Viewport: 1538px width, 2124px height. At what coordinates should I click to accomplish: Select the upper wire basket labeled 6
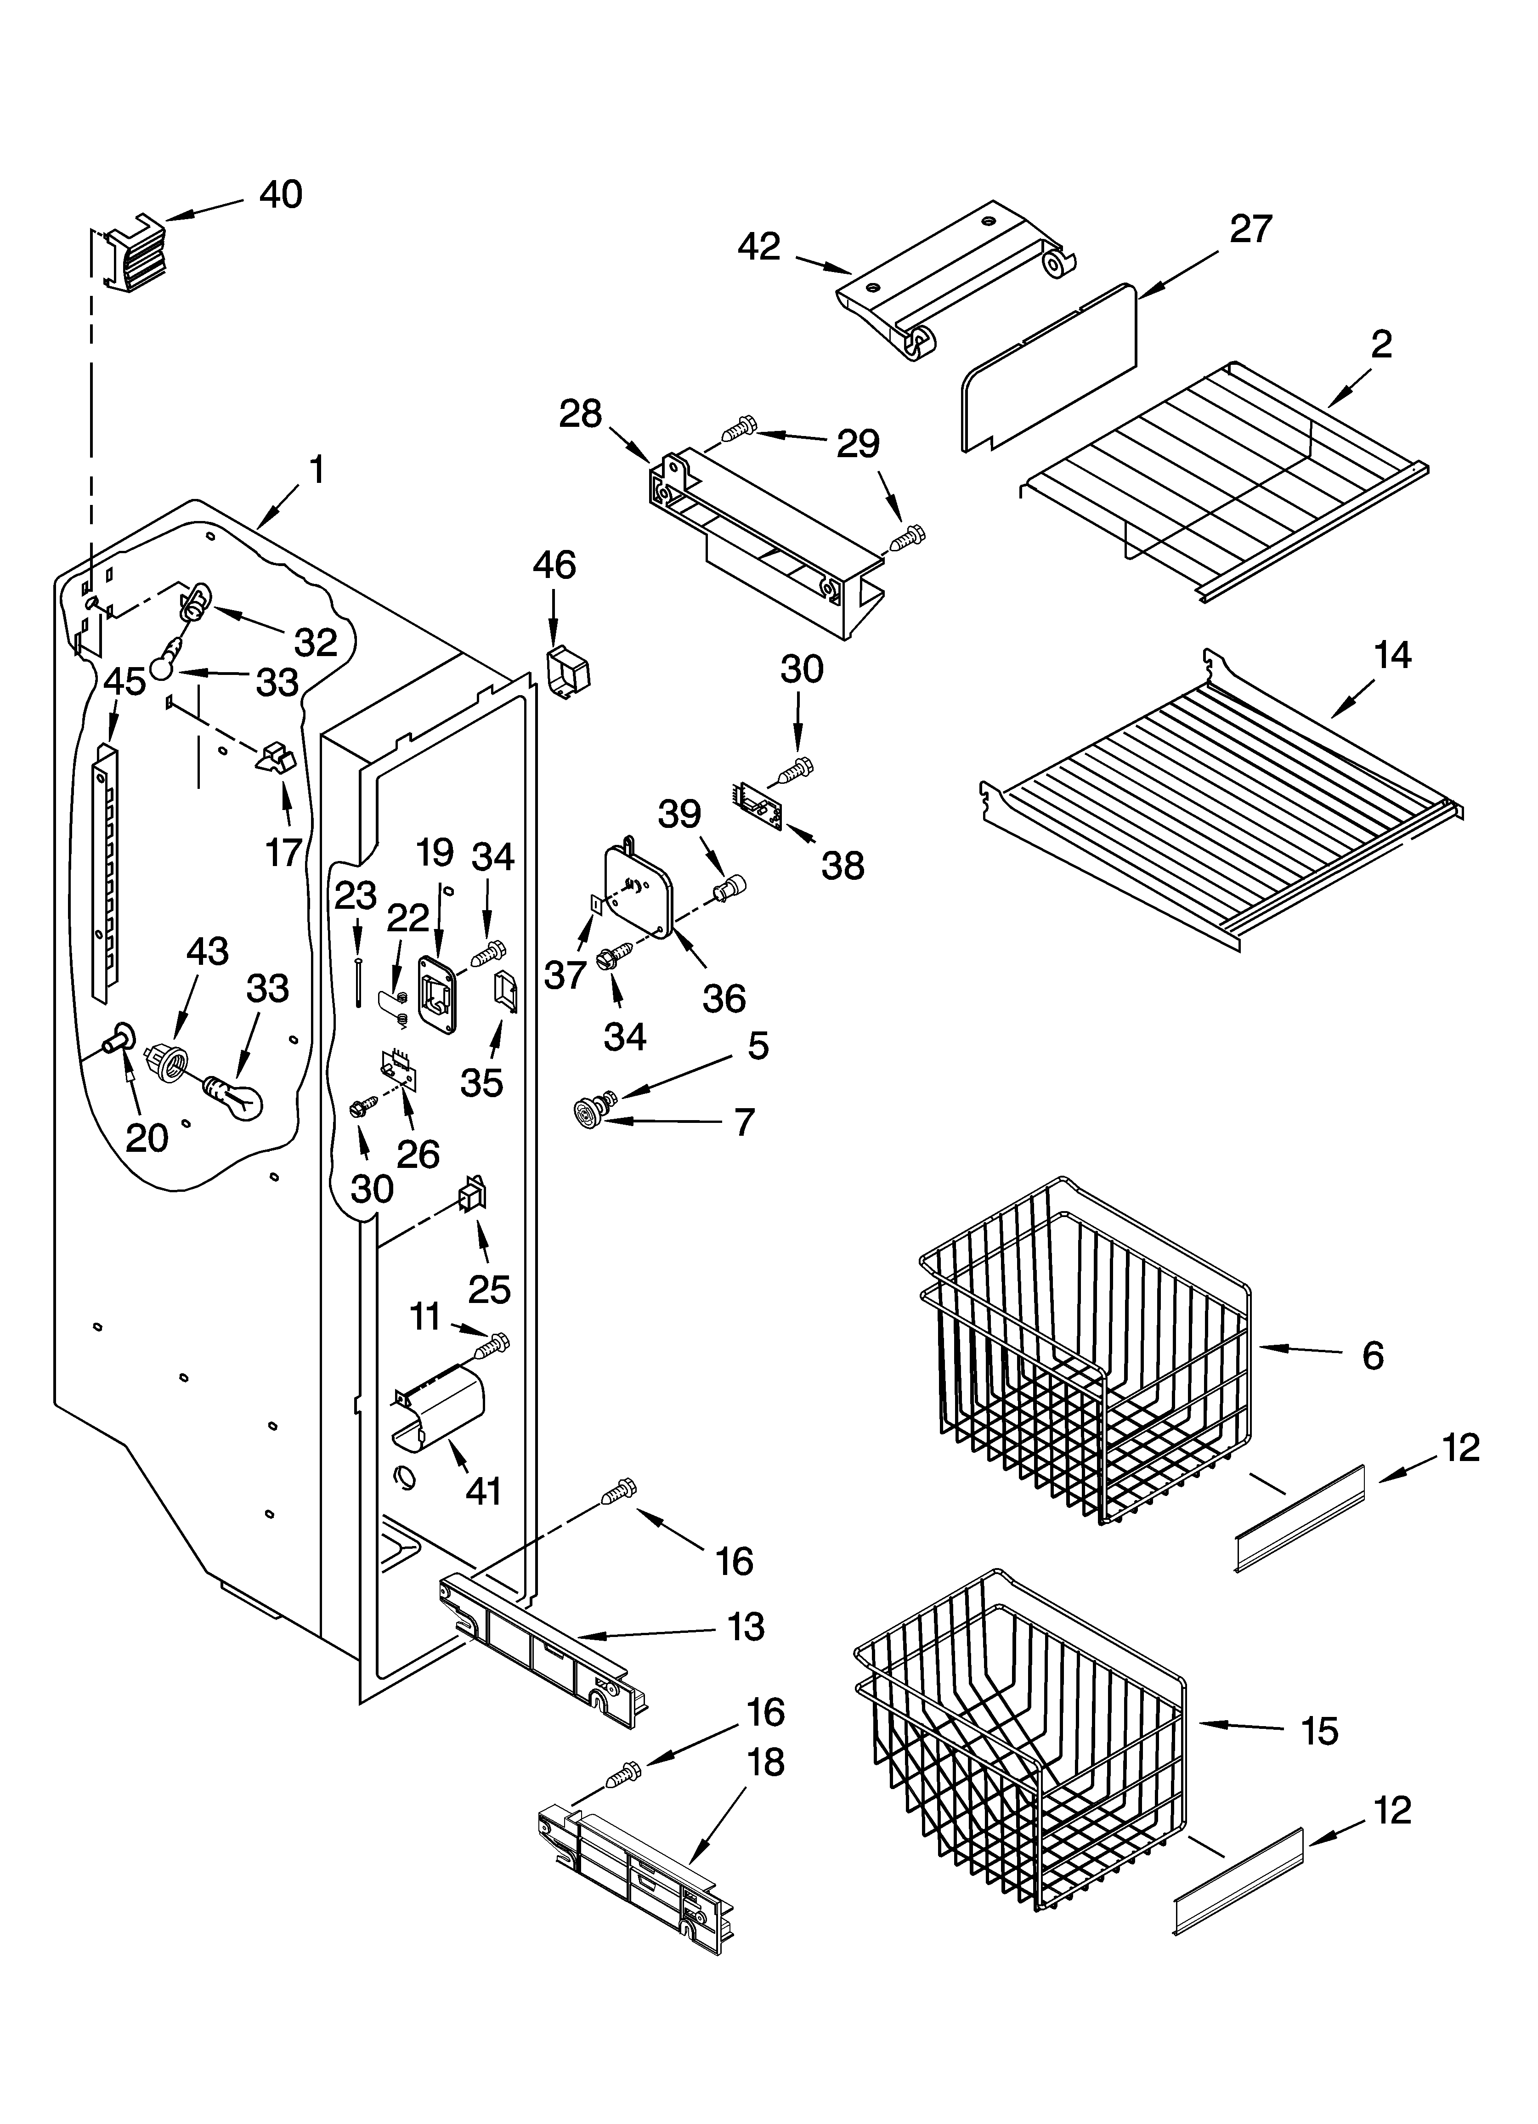pyautogui.click(x=1086, y=1348)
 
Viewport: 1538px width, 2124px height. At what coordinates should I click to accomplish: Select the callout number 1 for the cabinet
pyautogui.click(x=317, y=469)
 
